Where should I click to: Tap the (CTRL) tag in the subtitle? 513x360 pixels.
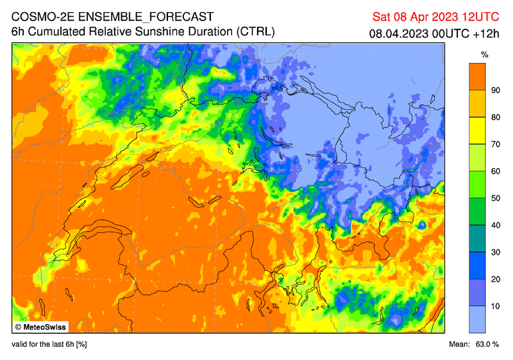pyautogui.click(x=255, y=31)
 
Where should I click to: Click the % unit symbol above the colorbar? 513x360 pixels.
pyautogui.click(x=476, y=54)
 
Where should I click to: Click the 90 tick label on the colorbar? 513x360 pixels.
pyautogui.click(x=495, y=90)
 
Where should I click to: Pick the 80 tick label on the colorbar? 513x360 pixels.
pyautogui.click(x=495, y=117)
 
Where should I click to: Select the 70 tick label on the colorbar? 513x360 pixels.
pyautogui.click(x=495, y=144)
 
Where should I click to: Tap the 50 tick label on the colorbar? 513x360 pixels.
pyautogui.click(x=495, y=198)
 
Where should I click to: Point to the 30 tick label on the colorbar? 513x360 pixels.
pyautogui.click(x=495, y=252)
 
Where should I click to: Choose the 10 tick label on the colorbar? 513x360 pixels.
pyautogui.click(x=495, y=306)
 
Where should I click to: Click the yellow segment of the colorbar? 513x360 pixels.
pyautogui.click(x=476, y=131)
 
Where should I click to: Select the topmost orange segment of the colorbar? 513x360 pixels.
pyautogui.click(x=476, y=77)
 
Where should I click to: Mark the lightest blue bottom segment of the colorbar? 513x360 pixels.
pyautogui.click(x=476, y=320)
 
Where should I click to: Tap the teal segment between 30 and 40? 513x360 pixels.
pyautogui.click(x=476, y=239)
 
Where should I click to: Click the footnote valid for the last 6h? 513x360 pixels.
pyautogui.click(x=49, y=345)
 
